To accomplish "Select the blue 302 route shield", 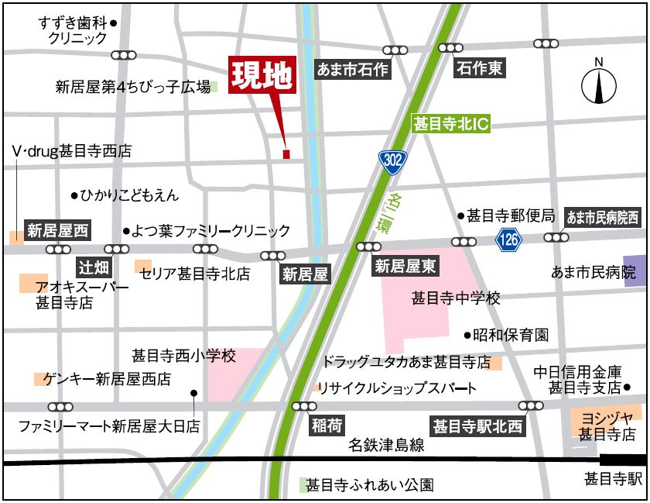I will pyautogui.click(x=392, y=160).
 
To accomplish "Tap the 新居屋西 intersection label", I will pyautogui.click(x=58, y=230).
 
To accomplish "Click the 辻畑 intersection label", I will pyautogui.click(x=95, y=268).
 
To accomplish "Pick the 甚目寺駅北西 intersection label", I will pyautogui.click(x=477, y=425).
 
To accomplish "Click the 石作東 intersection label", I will pyautogui.click(x=480, y=68).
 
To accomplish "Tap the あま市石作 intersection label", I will pyautogui.click(x=353, y=70).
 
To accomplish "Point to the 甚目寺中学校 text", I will pyautogui.click(x=457, y=298).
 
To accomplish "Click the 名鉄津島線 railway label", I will pyautogui.click(x=386, y=445).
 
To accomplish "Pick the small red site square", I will pyautogui.click(x=286, y=154).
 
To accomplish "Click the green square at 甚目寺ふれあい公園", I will pyautogui.click(x=304, y=485).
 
